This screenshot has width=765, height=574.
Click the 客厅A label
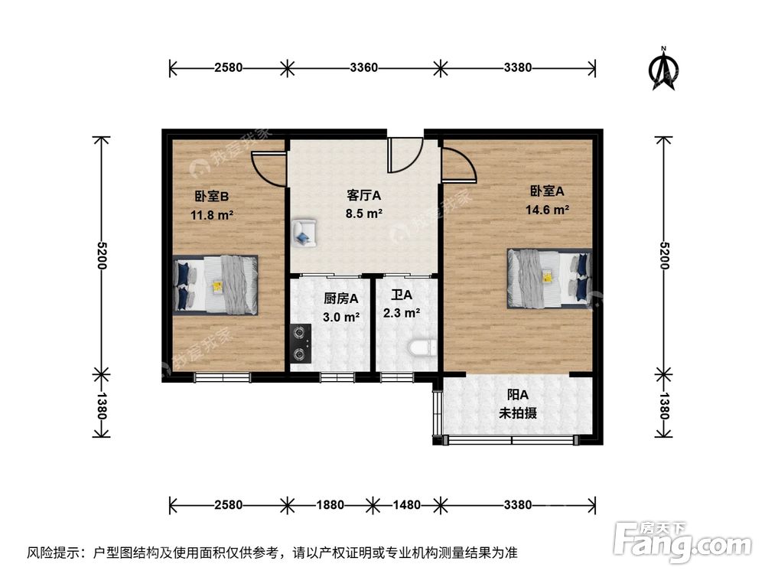point(364,194)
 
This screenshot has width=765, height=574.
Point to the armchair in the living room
point(304,232)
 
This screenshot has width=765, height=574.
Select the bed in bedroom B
point(216,284)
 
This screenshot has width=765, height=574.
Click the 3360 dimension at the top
point(364,67)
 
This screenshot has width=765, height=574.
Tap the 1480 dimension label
point(406,505)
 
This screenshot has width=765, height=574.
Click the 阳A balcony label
point(518,396)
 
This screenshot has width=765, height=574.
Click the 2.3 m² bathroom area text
point(401,312)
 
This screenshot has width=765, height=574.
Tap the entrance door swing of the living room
point(402,155)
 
